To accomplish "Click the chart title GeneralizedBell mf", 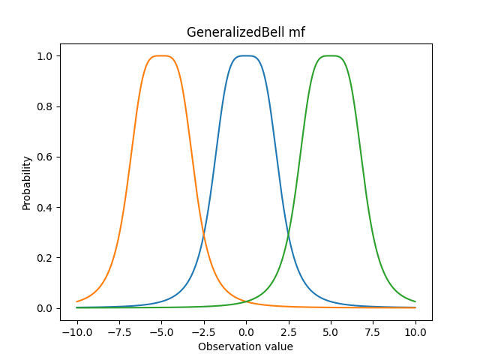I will [245, 33].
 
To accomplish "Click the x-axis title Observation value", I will [245, 346].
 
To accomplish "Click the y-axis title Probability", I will [27, 182].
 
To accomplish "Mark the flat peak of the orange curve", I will [161, 56].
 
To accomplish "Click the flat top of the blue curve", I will [246, 56].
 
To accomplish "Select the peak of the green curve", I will [331, 56].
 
